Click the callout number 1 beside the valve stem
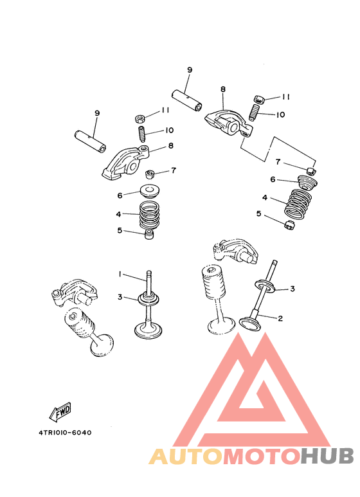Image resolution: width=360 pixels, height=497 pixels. (x=120, y=274)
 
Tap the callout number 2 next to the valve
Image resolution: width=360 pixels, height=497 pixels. (x=280, y=318)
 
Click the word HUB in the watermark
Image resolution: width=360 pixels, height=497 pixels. (x=327, y=456)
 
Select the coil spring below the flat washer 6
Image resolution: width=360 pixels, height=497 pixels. (x=149, y=215)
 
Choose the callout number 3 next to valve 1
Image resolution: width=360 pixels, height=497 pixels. (x=120, y=297)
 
